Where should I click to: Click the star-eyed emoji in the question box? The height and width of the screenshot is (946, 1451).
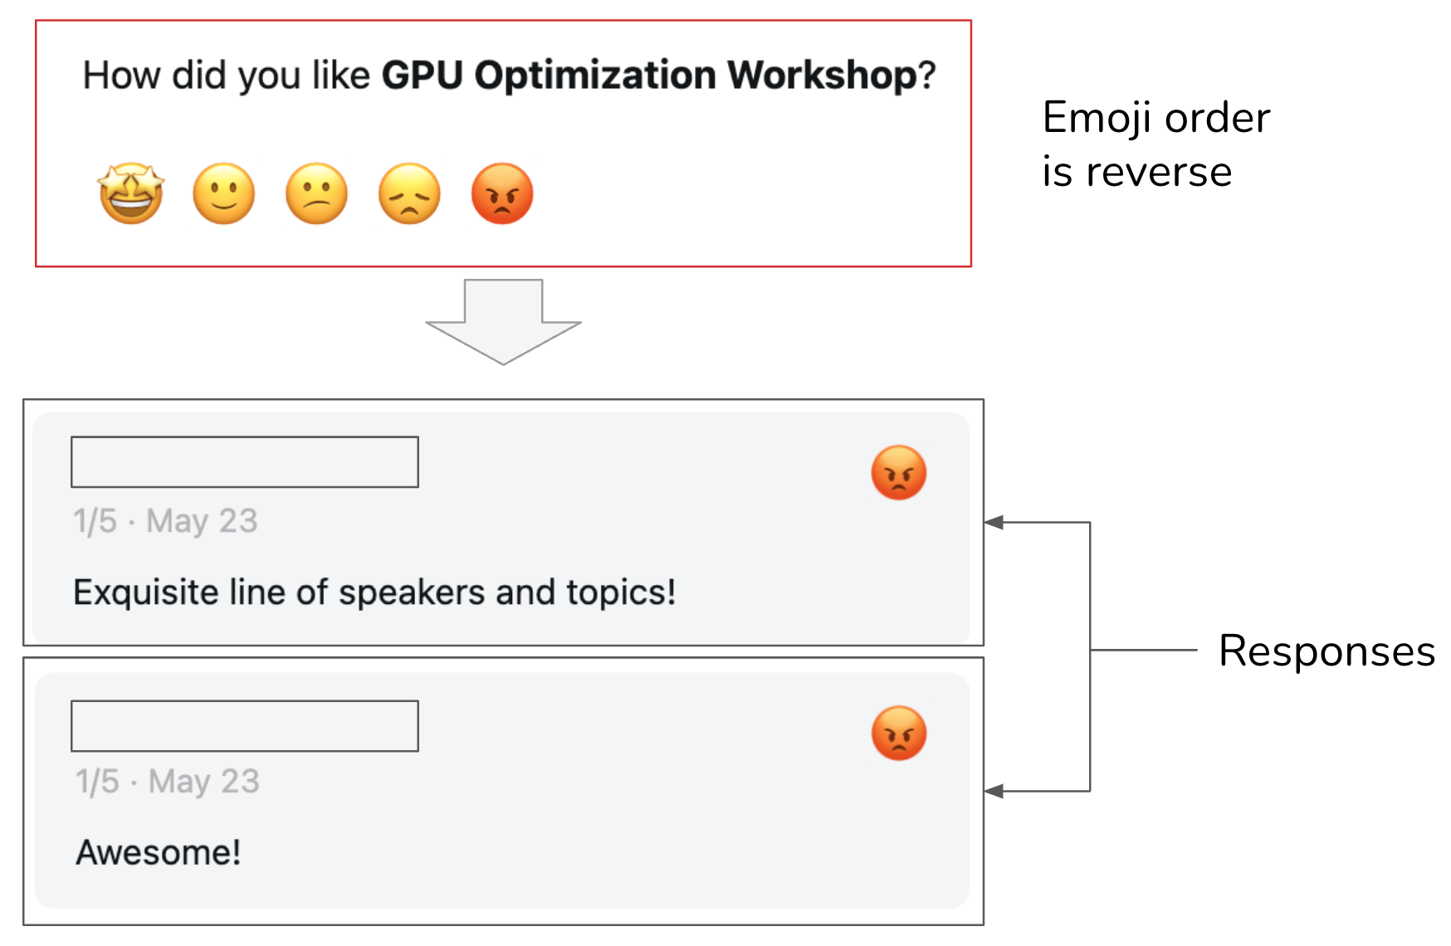(131, 193)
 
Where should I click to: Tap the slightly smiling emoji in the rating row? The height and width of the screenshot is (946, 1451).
(223, 193)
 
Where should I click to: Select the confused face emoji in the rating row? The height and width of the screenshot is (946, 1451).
(316, 193)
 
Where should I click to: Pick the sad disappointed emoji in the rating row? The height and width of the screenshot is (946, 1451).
(409, 193)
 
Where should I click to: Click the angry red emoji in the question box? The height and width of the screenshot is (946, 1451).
(502, 193)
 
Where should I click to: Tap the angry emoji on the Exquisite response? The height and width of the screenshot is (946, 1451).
(898, 473)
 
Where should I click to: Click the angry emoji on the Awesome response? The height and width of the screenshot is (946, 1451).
(898, 734)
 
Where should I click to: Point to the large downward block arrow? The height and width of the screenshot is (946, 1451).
(503, 324)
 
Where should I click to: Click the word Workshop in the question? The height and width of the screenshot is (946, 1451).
(822, 76)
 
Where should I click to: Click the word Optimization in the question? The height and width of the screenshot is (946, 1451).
(595, 76)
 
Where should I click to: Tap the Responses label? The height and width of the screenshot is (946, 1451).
(1326, 651)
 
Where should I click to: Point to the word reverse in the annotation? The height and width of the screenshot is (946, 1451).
(1159, 173)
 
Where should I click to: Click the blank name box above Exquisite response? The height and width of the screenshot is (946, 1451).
(245, 461)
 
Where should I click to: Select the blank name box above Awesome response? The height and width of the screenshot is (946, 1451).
(245, 726)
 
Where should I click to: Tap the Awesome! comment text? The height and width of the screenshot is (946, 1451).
(159, 852)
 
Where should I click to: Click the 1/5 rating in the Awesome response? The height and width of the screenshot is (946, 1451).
(97, 782)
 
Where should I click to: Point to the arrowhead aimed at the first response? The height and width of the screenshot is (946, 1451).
(994, 522)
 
